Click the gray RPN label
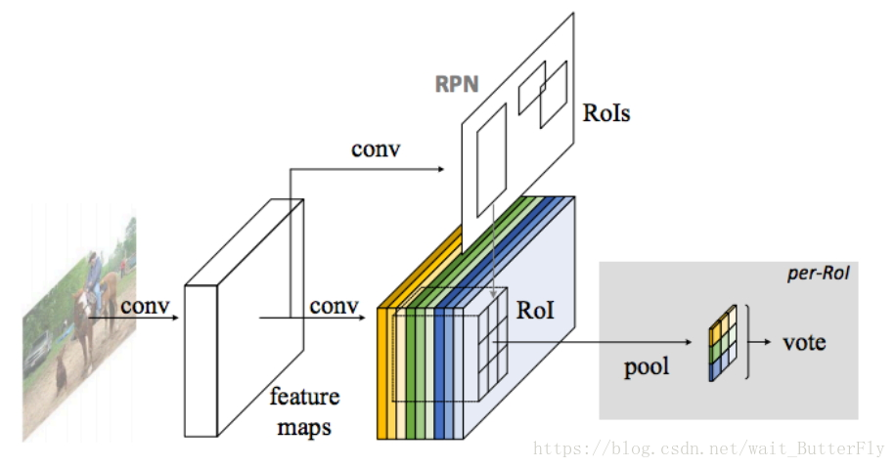[x=457, y=84]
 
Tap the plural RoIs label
[x=606, y=113]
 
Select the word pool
[x=647, y=367]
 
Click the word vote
[x=804, y=342]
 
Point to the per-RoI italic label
[x=818, y=274]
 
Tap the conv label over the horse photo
[x=146, y=307]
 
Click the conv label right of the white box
[x=334, y=307]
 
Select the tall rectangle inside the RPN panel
[x=491, y=160]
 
